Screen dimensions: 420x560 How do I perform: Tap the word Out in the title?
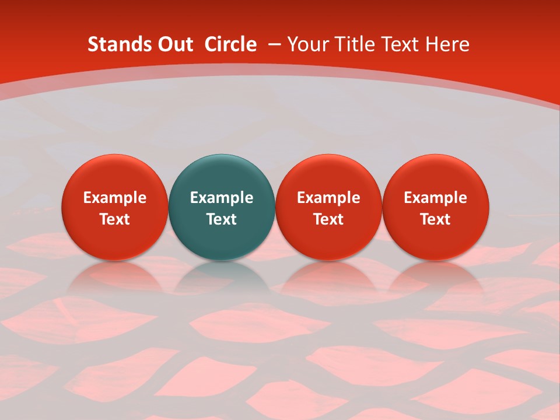[173, 44]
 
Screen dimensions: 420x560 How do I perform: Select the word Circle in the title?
[230, 44]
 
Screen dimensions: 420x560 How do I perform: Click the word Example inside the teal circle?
[222, 198]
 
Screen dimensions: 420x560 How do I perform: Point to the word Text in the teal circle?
[222, 219]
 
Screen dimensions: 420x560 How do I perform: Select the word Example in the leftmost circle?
[114, 198]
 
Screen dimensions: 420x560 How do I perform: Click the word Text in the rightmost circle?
[436, 219]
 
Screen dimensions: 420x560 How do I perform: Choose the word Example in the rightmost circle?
[436, 198]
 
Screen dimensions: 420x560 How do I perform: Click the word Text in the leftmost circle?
[114, 219]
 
